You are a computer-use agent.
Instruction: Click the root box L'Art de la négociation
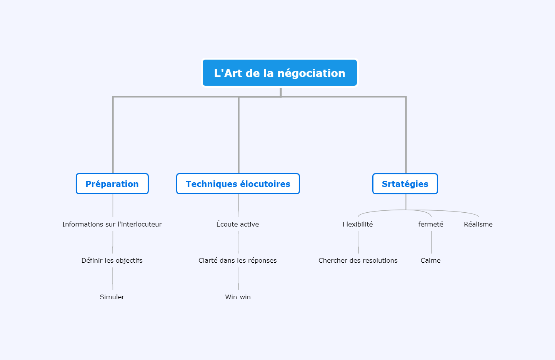pyautogui.click(x=280, y=73)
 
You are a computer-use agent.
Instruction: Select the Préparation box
pyautogui.click(x=112, y=183)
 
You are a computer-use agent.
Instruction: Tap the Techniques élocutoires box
pyautogui.click(x=238, y=183)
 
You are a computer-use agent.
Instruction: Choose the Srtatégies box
pyautogui.click(x=405, y=183)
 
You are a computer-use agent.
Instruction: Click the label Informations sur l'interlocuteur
pyautogui.click(x=112, y=224)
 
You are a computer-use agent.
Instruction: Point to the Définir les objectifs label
pyautogui.click(x=112, y=260)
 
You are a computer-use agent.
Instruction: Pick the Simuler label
pyautogui.click(x=112, y=297)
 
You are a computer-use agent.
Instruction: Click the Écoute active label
pyautogui.click(x=238, y=224)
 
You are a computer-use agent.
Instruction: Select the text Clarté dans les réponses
pyautogui.click(x=238, y=260)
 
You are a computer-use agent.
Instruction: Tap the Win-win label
pyautogui.click(x=238, y=297)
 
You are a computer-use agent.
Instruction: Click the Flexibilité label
pyautogui.click(x=358, y=224)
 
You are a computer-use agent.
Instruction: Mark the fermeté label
pyautogui.click(x=431, y=224)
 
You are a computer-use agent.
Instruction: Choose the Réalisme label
pyautogui.click(x=478, y=224)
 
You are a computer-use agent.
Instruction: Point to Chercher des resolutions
pyautogui.click(x=358, y=260)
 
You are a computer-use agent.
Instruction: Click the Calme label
pyautogui.click(x=431, y=260)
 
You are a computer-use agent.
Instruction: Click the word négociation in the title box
pyautogui.click(x=311, y=73)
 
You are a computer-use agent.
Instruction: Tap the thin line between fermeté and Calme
pyautogui.click(x=432, y=242)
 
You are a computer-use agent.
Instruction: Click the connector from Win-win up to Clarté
pyautogui.click(x=238, y=279)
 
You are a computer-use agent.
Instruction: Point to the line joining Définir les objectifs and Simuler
pyautogui.click(x=112, y=279)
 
